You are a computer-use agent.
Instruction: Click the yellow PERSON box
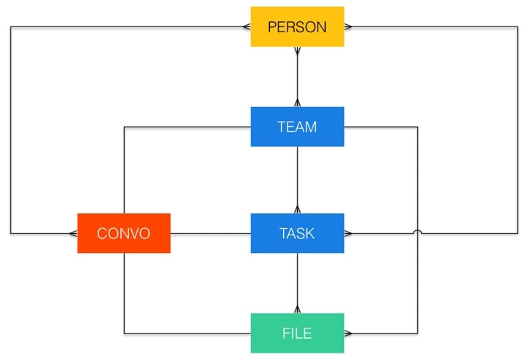coord(297,27)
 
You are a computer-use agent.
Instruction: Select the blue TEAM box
coord(297,127)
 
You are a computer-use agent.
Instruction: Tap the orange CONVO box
coord(124,233)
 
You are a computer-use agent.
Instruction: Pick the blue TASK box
coord(297,233)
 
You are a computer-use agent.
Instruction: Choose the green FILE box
coord(297,333)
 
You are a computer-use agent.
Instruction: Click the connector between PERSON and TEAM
coord(297,77)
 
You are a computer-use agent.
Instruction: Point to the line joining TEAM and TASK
coord(297,180)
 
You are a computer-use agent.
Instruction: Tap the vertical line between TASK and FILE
coord(297,282)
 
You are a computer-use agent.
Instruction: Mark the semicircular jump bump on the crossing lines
coord(418,232)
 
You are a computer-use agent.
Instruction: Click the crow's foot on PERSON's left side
coord(246,27)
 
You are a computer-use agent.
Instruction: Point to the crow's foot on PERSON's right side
coord(348,27)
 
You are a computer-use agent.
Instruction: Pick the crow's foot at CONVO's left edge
coord(73,234)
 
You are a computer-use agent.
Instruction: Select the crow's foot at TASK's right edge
coord(348,234)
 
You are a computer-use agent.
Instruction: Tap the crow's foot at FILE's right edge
coord(348,334)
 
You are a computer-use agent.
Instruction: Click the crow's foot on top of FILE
coord(297,309)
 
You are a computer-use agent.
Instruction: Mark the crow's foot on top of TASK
coord(297,210)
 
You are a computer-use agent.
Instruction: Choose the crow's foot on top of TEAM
coord(297,103)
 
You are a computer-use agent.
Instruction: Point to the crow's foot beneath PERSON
coord(297,51)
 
